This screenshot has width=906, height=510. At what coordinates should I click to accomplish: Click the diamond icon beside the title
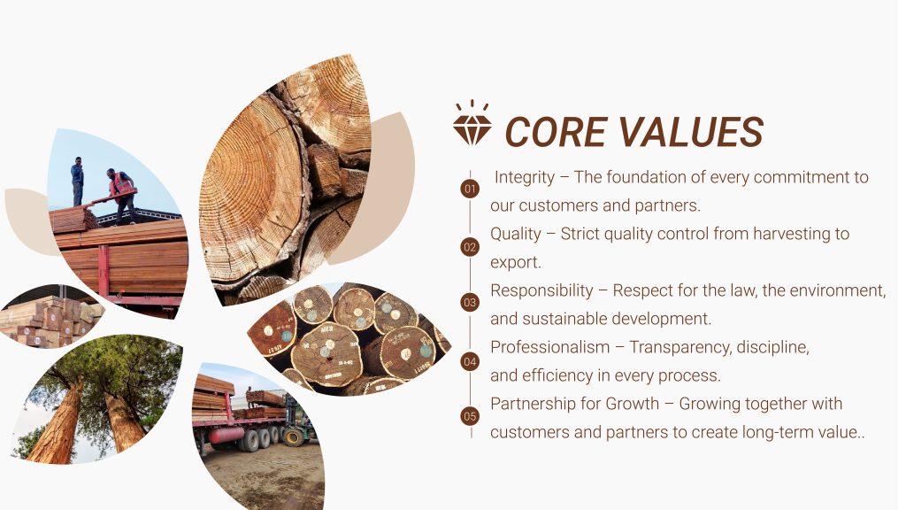tap(472, 122)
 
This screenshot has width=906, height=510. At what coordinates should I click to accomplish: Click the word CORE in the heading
tap(556, 132)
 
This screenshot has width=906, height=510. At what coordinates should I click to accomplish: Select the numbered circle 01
tap(470, 189)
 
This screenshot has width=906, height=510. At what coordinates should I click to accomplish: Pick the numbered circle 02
tap(470, 248)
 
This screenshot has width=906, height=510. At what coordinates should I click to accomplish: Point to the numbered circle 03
tap(470, 303)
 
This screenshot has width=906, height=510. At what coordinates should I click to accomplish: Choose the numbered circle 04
tap(470, 362)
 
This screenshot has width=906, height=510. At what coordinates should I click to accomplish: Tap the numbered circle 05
tap(470, 416)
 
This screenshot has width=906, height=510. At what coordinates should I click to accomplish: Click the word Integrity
tap(524, 177)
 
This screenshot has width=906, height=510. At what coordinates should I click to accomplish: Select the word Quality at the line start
tap(516, 234)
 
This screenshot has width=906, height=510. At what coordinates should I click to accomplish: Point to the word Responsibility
tap(541, 290)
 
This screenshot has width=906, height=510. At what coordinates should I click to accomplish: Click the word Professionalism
tap(550, 347)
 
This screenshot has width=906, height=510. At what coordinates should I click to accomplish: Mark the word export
tap(516, 262)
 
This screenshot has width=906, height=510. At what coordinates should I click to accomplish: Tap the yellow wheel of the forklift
tap(294, 437)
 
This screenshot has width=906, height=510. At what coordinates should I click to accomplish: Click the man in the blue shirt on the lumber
tap(78, 181)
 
